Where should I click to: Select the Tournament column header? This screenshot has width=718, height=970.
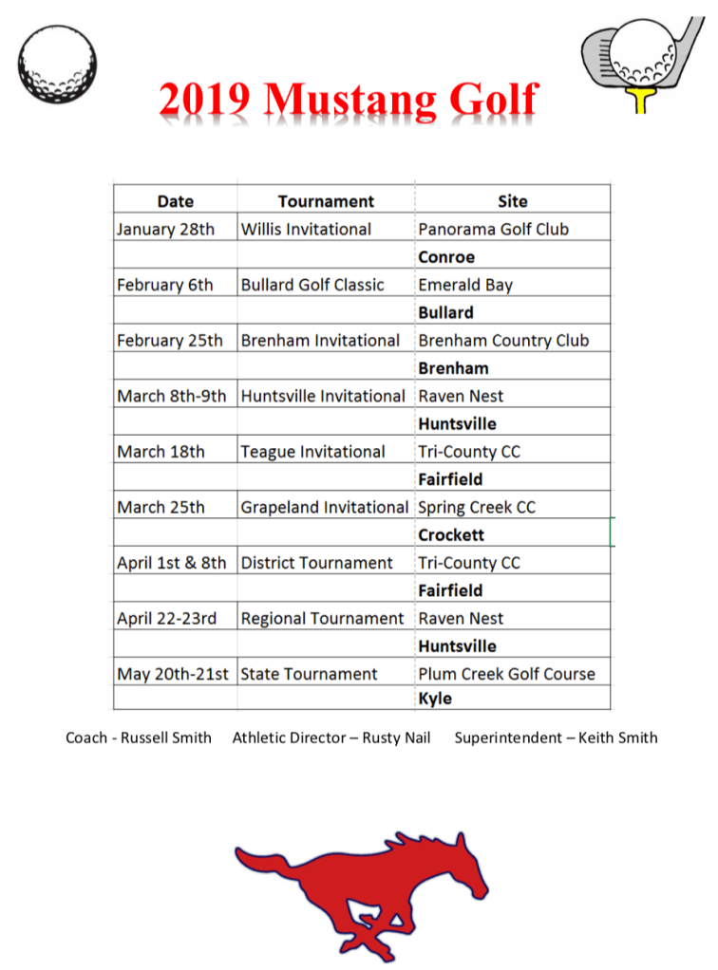(326, 201)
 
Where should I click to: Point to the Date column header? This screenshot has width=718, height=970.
(175, 201)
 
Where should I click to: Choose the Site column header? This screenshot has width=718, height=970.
(512, 201)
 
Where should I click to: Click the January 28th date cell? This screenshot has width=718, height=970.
(165, 229)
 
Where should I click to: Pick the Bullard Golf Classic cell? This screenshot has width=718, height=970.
(312, 285)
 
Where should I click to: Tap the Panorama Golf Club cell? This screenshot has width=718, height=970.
(493, 229)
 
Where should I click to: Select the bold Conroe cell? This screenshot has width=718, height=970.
(446, 257)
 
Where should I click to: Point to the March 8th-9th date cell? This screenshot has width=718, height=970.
(171, 396)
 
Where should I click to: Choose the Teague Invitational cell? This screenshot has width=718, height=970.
(312, 452)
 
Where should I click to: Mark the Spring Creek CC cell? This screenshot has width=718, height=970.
(477, 508)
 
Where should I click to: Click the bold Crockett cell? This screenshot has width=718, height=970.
(451, 535)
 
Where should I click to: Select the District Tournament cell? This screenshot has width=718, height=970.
(316, 563)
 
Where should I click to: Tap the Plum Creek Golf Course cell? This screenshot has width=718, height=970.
(506, 674)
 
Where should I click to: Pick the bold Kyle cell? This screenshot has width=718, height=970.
(435, 700)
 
